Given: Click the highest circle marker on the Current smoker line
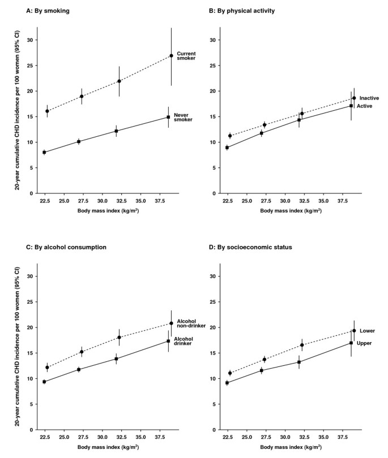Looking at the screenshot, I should tap(171, 56).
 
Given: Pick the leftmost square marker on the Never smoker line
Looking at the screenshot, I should tap(44, 152).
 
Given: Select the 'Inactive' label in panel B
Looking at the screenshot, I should tap(369, 98).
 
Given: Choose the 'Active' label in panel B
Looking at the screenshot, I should tap(364, 106).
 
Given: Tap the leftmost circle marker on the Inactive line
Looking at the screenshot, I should tap(230, 136).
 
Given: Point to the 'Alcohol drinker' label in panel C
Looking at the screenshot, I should tap(183, 341).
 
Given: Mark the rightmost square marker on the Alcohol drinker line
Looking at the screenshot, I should tap(168, 341).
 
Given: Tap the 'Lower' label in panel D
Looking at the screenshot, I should tap(367, 331).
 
